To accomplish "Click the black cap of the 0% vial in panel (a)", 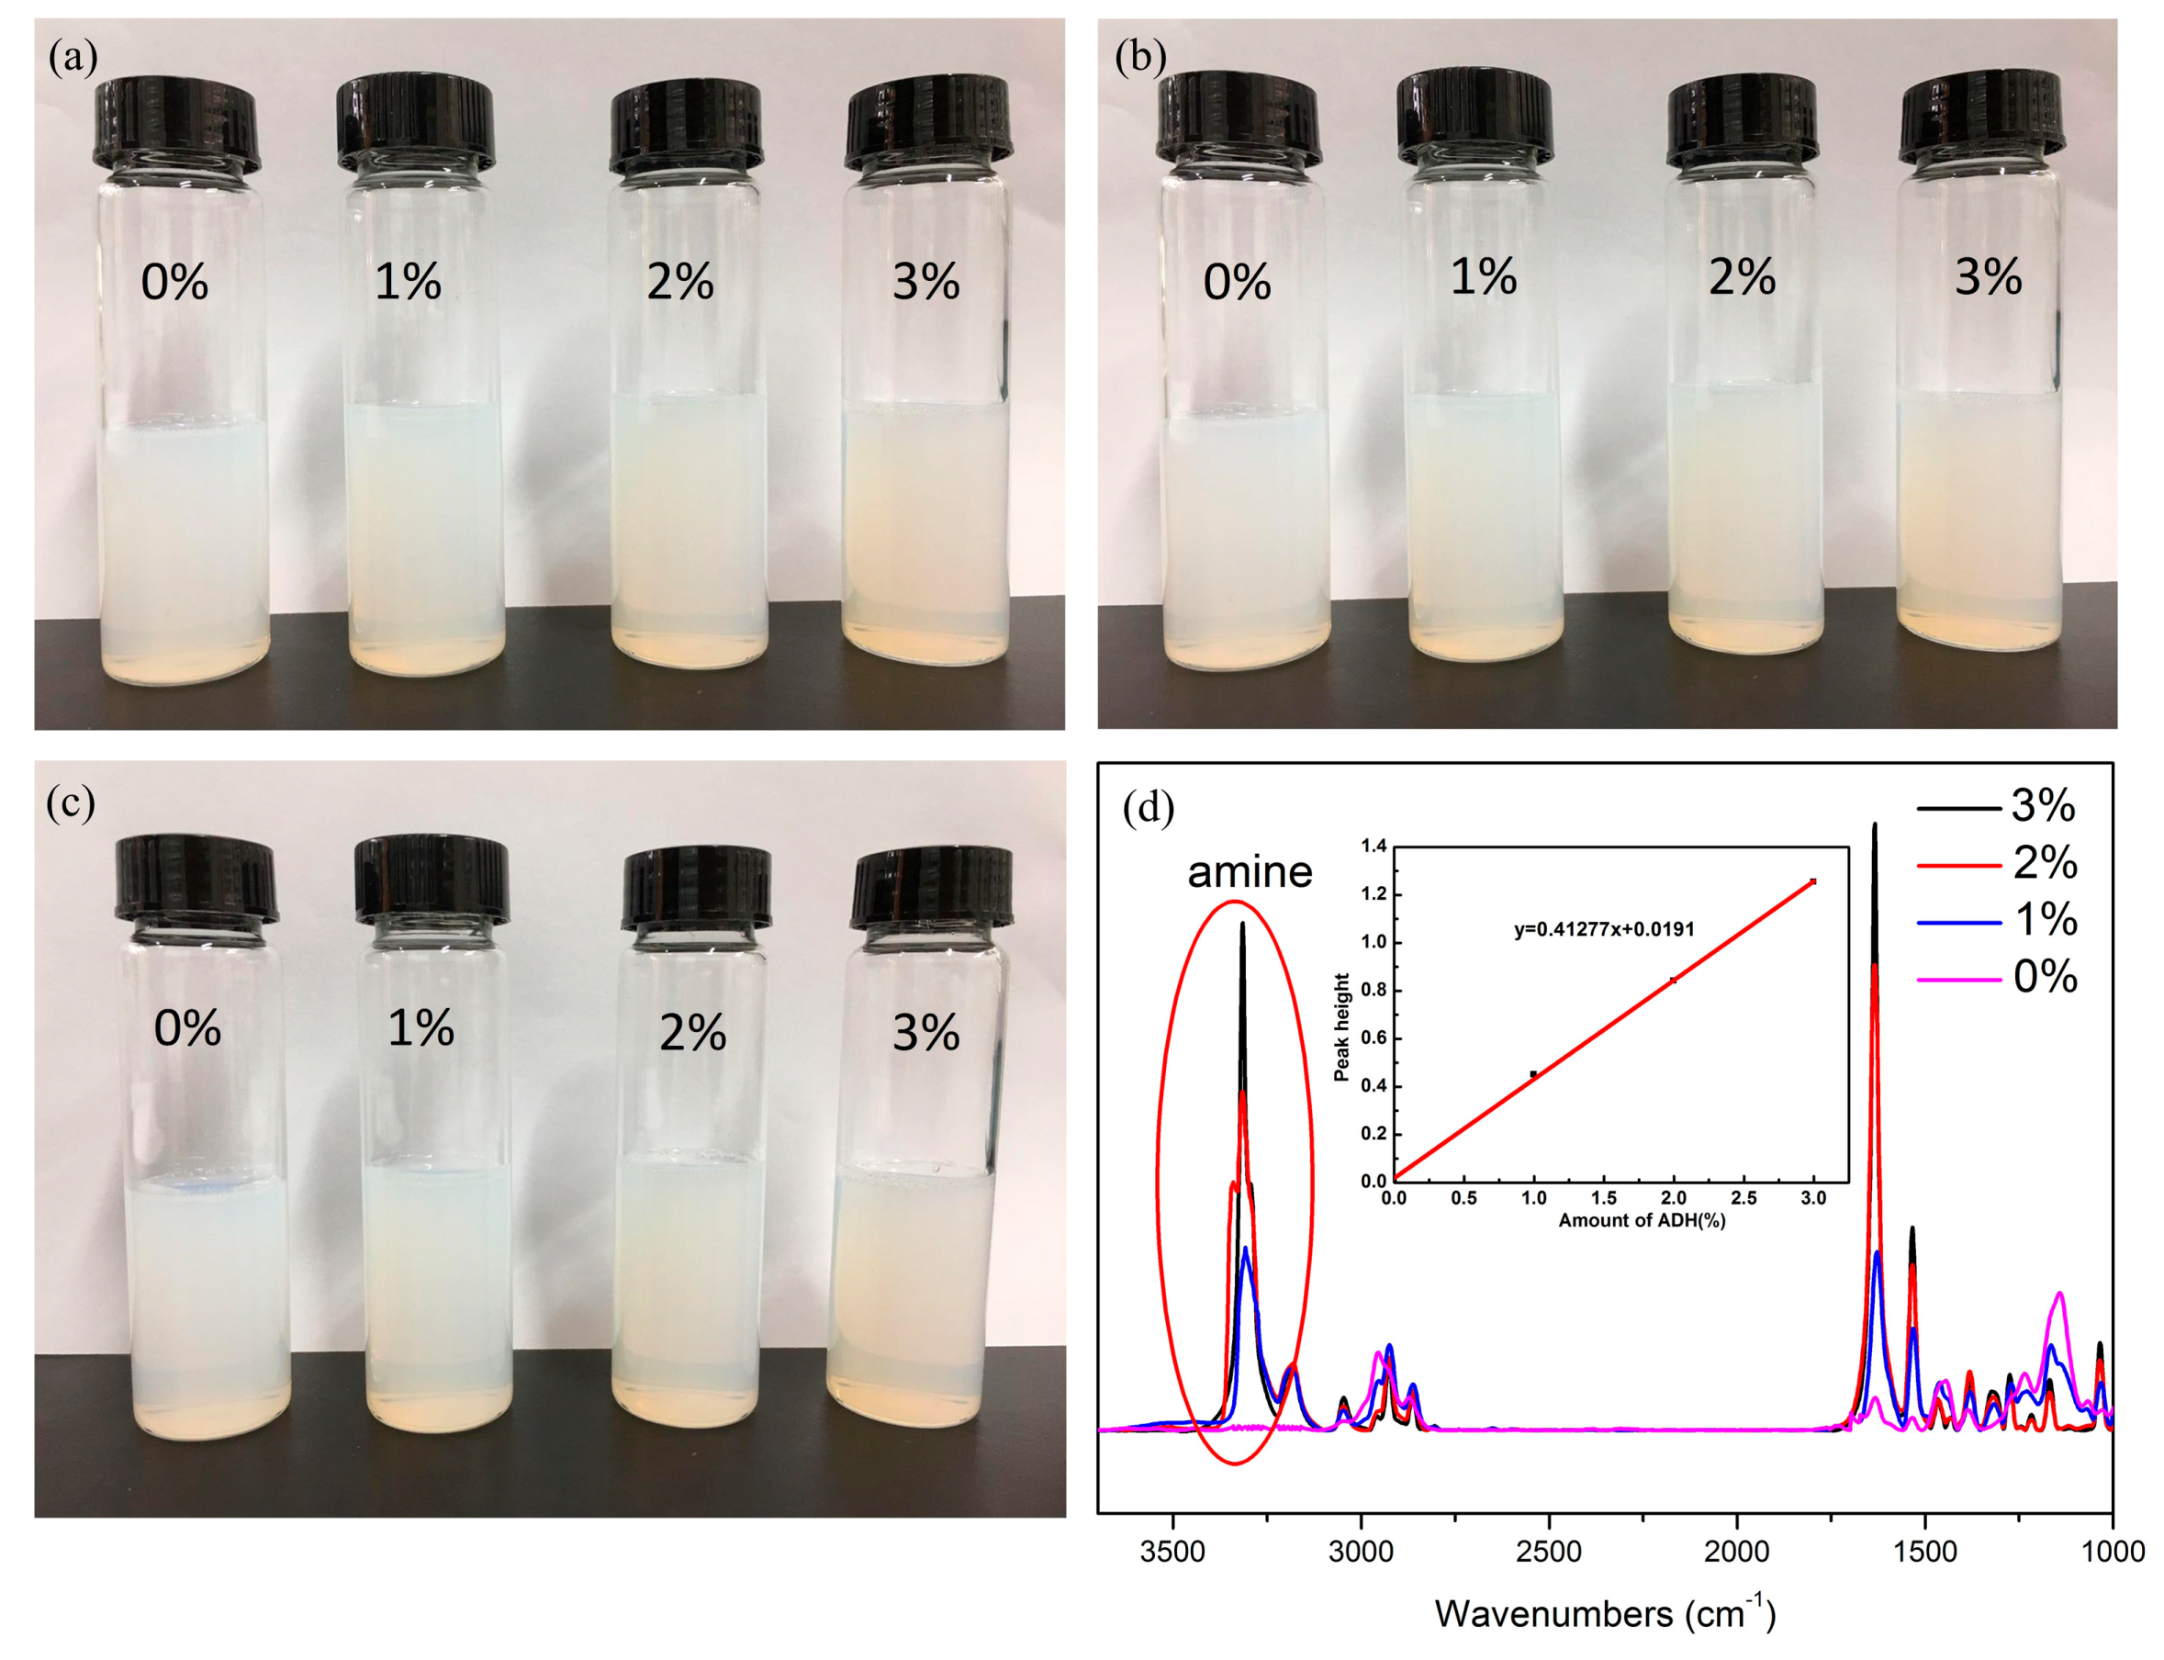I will tap(177, 127).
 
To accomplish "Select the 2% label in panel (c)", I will tap(691, 1034).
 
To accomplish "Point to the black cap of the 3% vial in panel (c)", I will tap(931, 886).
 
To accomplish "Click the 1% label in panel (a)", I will tap(407, 282).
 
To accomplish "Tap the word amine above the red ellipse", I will tap(1249, 871).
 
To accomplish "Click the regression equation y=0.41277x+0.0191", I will tap(1604, 930).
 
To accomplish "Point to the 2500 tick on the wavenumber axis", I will tap(1548, 1552).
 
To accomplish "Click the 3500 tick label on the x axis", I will tap(1173, 1552).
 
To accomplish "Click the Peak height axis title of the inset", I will tap(1340, 1027).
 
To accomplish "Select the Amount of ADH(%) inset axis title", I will tap(1642, 1220).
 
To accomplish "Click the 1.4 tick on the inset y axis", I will tap(1374, 846).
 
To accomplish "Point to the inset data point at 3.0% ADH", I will tap(1812, 881).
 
